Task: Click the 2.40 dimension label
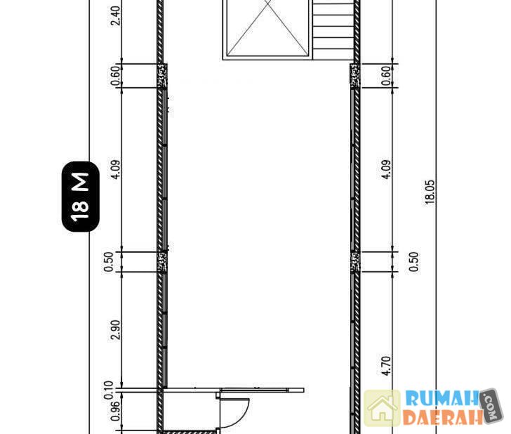[x=115, y=15]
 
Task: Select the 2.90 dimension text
[x=115, y=329]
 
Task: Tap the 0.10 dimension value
[x=109, y=390]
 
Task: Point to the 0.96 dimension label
[x=115, y=411]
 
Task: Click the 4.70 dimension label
[x=386, y=365]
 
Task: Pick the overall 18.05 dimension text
[x=430, y=192]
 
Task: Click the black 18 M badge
[x=81, y=197]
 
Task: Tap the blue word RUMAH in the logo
[x=442, y=398]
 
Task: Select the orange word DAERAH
[x=442, y=416]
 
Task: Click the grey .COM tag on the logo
[x=491, y=406]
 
